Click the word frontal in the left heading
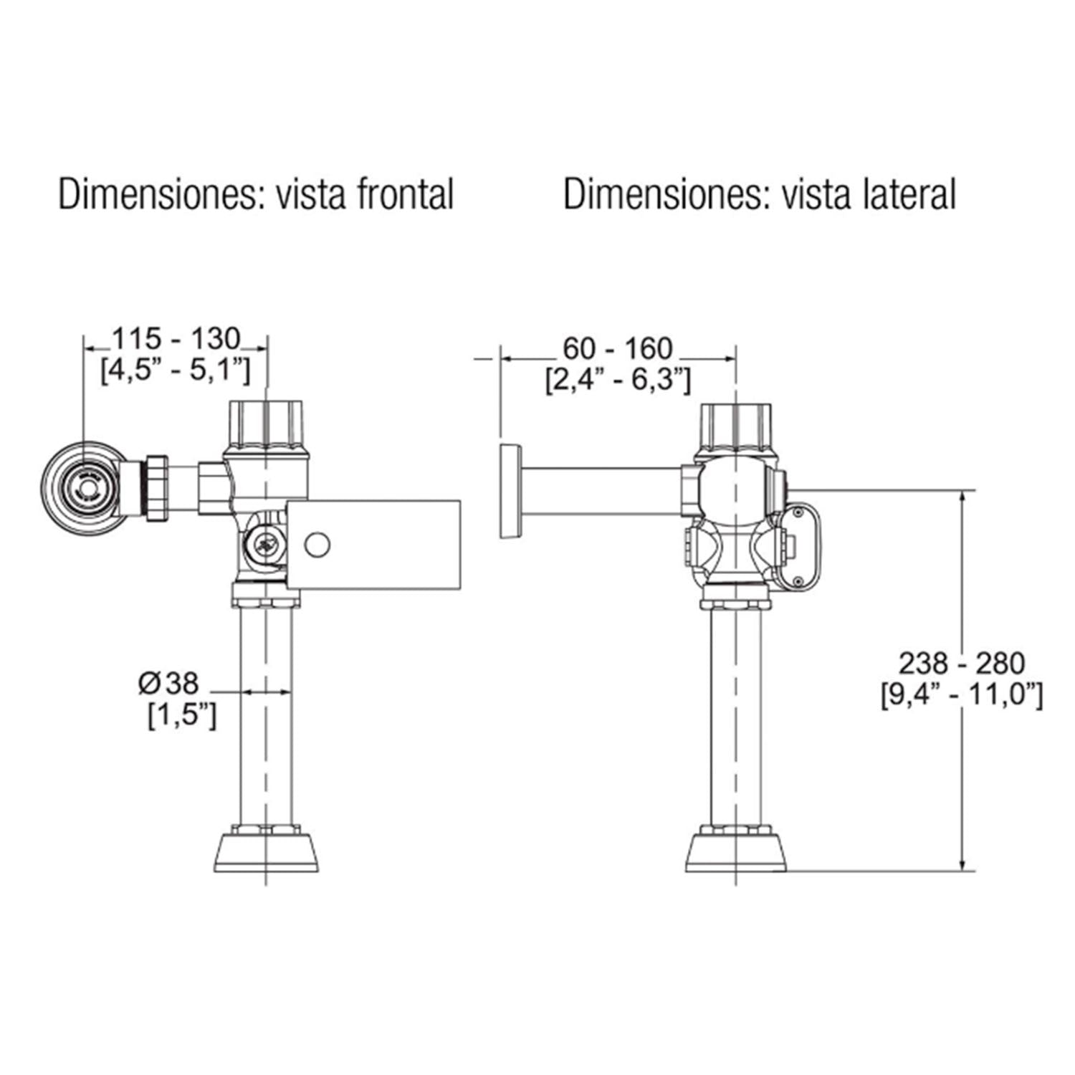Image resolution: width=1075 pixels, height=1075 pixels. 406,193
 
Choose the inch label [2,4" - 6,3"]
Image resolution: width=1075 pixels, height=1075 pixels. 618,381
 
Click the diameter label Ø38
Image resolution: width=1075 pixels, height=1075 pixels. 168,683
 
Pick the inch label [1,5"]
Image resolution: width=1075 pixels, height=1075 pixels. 182,715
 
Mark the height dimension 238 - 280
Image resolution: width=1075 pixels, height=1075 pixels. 962,663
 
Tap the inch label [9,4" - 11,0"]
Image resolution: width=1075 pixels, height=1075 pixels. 962,695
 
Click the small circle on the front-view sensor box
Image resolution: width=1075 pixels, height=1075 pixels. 317,545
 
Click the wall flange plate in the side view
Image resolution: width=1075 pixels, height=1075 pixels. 509,490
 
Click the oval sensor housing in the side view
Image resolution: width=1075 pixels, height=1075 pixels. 803,545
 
